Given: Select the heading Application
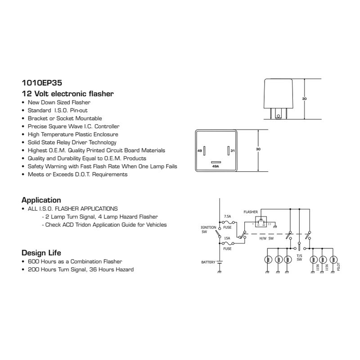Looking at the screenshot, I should (x=41, y=200).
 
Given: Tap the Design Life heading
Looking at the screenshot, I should (x=41, y=252).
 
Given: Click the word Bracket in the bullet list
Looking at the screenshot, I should (x=36, y=118).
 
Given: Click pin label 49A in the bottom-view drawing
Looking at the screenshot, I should (x=216, y=166).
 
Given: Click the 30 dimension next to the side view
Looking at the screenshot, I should (x=304, y=98).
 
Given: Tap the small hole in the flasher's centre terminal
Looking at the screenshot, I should (x=279, y=116).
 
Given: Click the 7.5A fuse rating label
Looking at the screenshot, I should (x=228, y=216).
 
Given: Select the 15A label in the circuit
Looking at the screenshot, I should (x=227, y=238).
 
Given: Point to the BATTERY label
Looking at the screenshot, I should (x=209, y=261).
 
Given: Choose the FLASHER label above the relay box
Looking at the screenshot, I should (x=251, y=211).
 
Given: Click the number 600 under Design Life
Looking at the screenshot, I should (x=33, y=261).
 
